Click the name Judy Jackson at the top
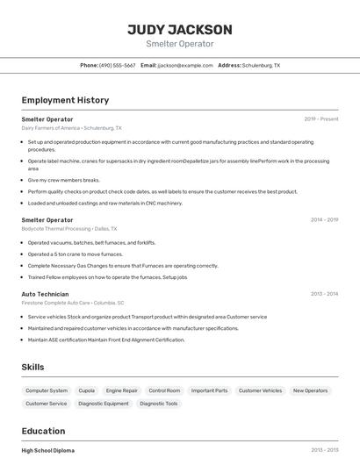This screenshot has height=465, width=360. tap(179, 29)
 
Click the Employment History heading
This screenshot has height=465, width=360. tap(65, 100)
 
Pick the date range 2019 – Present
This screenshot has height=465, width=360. tap(320, 118)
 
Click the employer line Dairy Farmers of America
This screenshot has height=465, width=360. tap(71, 127)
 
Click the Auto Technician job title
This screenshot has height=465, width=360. tap(45, 294)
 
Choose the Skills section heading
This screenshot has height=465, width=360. tap(32, 367)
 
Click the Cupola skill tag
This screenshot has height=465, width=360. tap(87, 390)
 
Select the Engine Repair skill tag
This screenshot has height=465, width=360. tap(121, 390)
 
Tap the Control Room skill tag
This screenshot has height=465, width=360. tap(164, 390)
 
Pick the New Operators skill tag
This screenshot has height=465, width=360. tap(310, 390)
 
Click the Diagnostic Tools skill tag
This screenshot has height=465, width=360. tap(158, 404)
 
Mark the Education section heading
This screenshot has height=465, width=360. tap(43, 431)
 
